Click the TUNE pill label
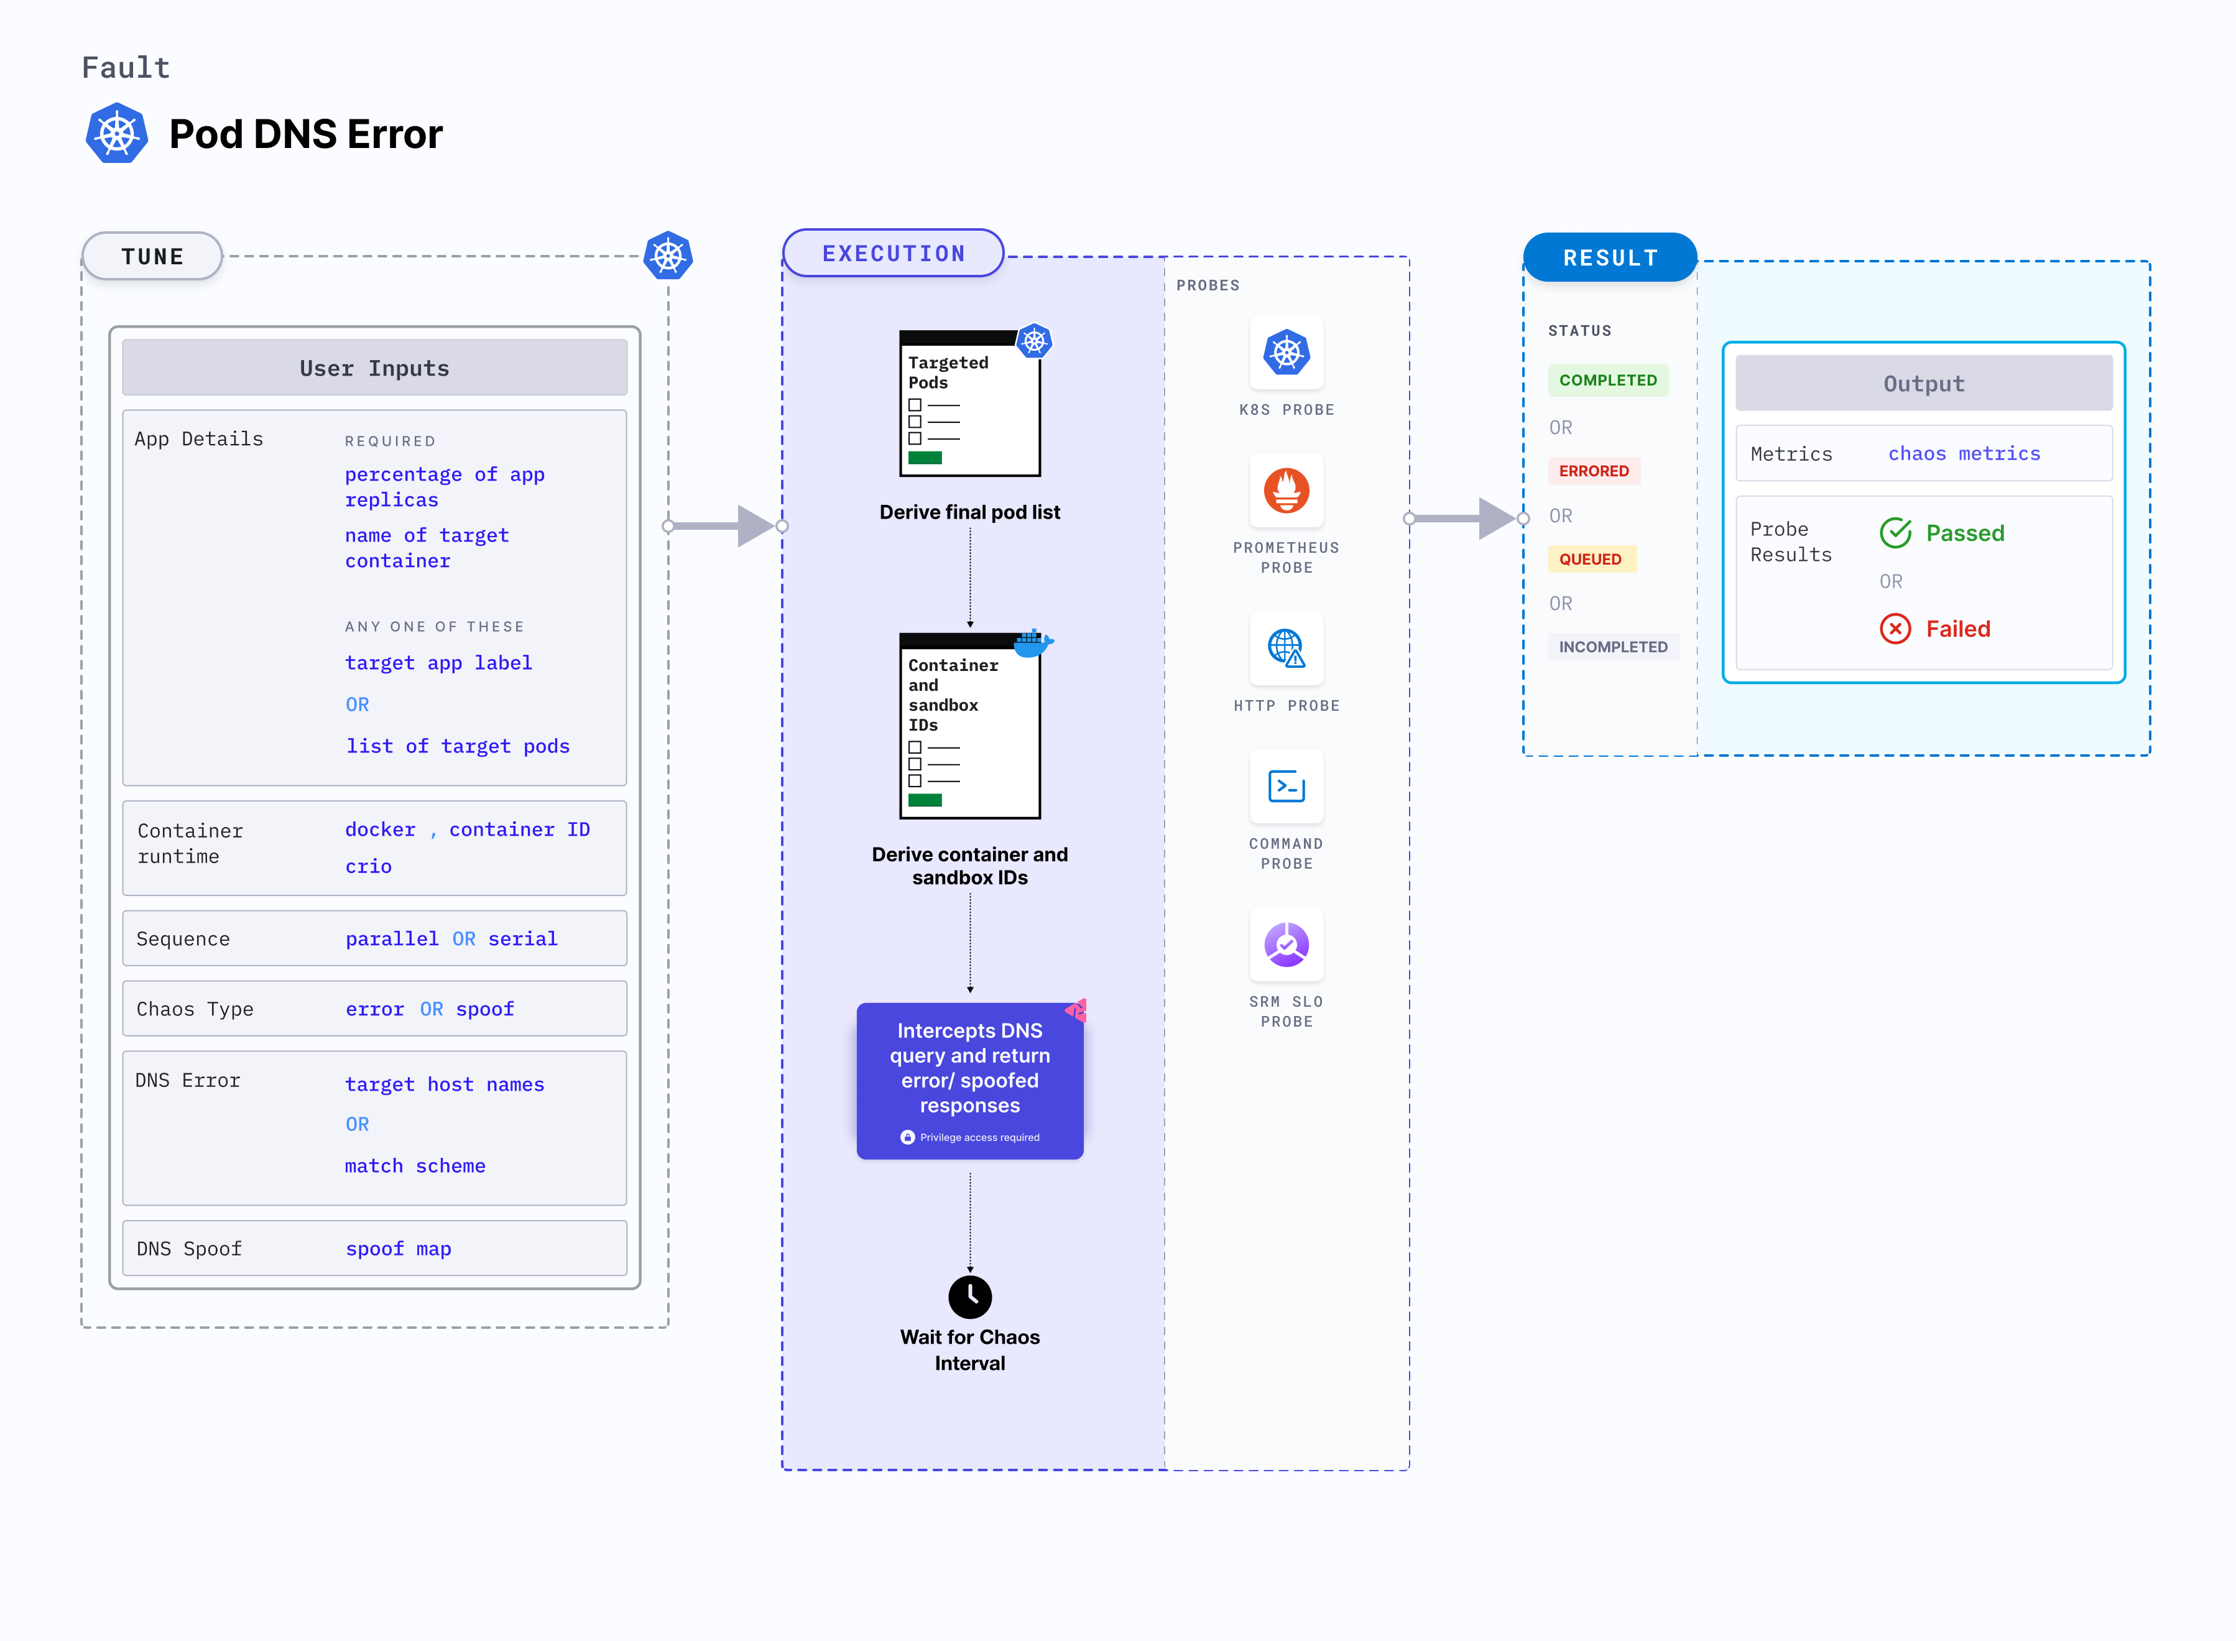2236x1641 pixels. tap(152, 256)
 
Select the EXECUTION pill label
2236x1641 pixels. tap(893, 253)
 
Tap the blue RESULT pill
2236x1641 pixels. tap(1609, 257)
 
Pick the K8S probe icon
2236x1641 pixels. tap(1287, 352)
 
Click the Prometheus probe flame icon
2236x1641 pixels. tap(1287, 491)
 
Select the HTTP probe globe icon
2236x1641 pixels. tap(1287, 648)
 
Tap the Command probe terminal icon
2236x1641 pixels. tap(1287, 787)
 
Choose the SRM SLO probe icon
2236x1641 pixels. tap(1287, 945)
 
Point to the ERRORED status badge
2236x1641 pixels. tap(1593, 471)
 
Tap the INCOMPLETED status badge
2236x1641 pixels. tap(1612, 647)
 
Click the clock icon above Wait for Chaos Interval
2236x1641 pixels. tap(969, 1297)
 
